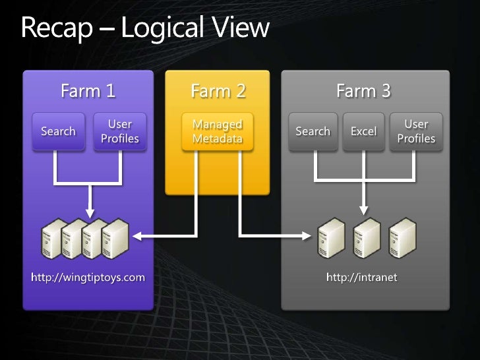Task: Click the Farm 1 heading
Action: click(x=88, y=90)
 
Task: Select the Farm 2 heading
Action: click(x=218, y=90)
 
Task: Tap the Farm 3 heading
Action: click(x=363, y=90)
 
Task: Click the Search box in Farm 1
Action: click(x=58, y=131)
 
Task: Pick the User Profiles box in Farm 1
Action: click(x=119, y=131)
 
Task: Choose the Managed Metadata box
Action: click(x=217, y=131)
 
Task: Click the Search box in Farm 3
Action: click(x=313, y=131)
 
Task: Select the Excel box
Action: click(x=363, y=131)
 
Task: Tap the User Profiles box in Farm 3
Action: click(x=416, y=131)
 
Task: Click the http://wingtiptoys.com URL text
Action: click(x=88, y=277)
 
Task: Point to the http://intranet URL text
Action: click(x=363, y=277)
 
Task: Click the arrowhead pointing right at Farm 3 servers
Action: click(x=307, y=234)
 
